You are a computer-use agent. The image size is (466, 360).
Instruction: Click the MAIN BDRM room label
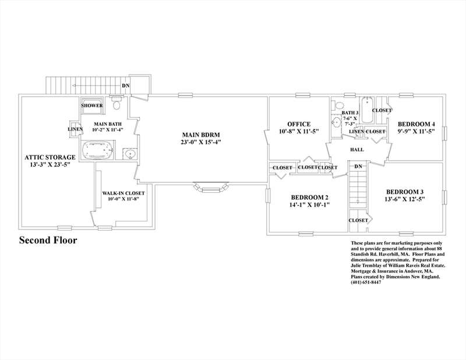(201, 135)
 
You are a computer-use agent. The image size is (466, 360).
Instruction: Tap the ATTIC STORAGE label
(50, 157)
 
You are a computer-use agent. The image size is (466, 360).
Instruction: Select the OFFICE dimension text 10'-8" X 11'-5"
(299, 131)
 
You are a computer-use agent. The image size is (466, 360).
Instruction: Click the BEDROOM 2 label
(309, 197)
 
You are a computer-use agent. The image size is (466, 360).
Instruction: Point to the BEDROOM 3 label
(405, 192)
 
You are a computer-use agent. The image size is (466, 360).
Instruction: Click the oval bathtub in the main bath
(97, 150)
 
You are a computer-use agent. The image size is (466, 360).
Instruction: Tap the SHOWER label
(92, 105)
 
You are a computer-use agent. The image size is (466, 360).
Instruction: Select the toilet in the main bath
(116, 104)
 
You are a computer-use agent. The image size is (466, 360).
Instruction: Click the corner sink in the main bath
(130, 154)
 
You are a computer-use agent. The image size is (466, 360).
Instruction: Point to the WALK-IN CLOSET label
(123, 193)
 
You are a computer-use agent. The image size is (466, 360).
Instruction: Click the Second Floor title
(48, 240)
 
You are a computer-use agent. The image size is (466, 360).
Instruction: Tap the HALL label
(357, 150)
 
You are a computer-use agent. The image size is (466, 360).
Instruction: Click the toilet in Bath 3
(338, 105)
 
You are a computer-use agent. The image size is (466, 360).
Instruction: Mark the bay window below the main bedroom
(211, 187)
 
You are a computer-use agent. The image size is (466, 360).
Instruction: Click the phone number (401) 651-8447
(366, 283)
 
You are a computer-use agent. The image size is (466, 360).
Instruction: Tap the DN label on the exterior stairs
(126, 86)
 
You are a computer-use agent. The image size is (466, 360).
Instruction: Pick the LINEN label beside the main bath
(75, 129)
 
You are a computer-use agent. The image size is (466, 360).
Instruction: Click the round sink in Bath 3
(337, 122)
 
